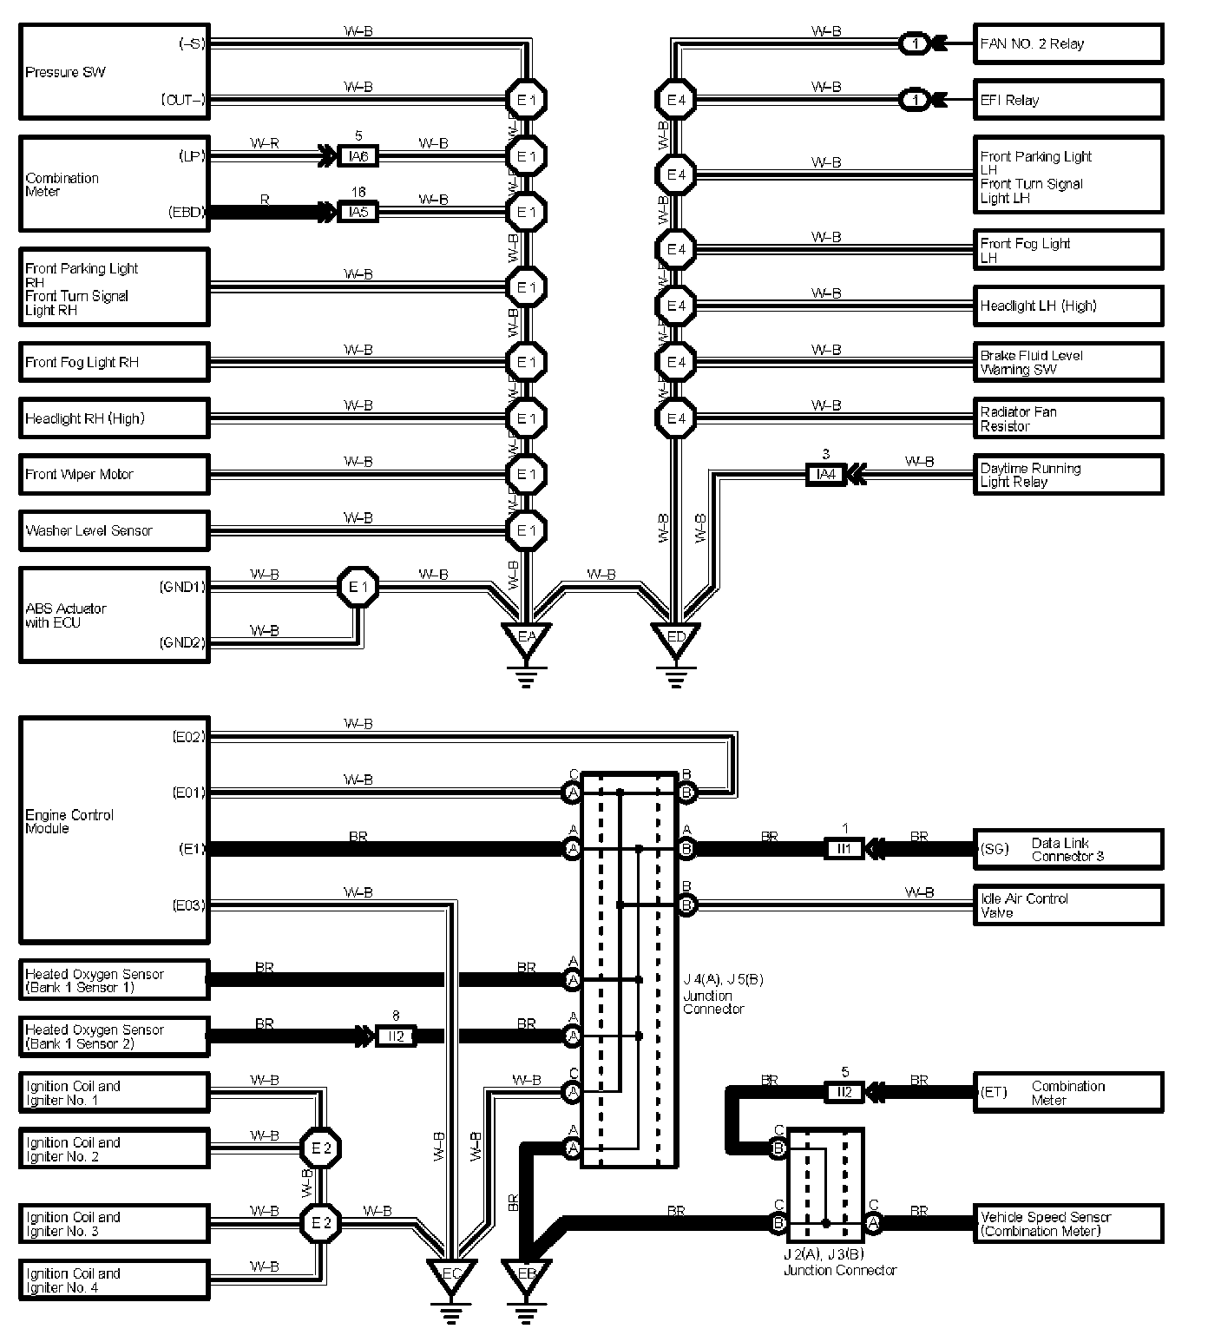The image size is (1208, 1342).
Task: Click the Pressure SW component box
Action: click(x=114, y=72)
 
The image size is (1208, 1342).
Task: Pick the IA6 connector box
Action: click(x=358, y=156)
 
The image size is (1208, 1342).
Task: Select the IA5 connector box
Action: click(x=358, y=212)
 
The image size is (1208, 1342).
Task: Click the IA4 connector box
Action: click(x=825, y=474)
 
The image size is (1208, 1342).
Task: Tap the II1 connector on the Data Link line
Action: click(x=844, y=849)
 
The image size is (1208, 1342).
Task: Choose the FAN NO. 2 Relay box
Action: click(x=1067, y=44)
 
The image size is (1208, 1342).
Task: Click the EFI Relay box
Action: click(x=1067, y=100)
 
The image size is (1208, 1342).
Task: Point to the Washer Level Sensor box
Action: click(x=114, y=530)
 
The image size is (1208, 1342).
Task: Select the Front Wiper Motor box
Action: click(x=114, y=474)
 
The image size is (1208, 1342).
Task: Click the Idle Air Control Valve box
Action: click(x=1067, y=905)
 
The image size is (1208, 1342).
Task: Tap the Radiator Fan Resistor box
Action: click(x=1067, y=418)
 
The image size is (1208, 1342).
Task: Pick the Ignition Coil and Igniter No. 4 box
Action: click(x=114, y=1280)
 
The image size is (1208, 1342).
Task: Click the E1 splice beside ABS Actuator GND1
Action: click(x=357, y=588)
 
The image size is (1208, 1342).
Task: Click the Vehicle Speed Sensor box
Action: click(x=1067, y=1224)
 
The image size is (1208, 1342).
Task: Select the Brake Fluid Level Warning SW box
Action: click(x=1067, y=362)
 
